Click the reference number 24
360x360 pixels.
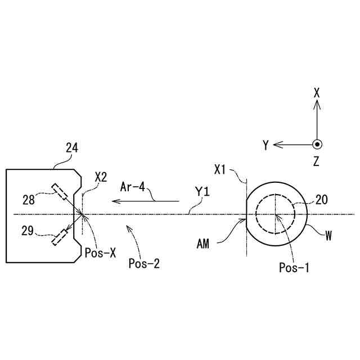(x=71, y=148)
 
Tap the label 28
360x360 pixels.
(x=29, y=199)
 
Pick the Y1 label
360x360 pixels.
(x=202, y=192)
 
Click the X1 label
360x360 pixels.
(x=221, y=168)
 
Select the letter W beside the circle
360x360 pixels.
(x=328, y=236)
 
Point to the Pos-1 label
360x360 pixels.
(x=294, y=267)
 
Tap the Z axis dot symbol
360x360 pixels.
(x=317, y=145)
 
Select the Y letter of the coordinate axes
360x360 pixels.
(x=265, y=145)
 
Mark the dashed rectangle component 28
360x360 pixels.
(x=59, y=192)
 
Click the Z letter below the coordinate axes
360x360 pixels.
(x=317, y=162)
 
